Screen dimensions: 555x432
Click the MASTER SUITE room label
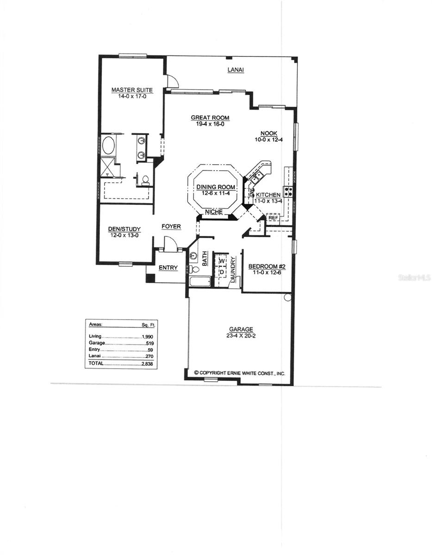click(x=132, y=90)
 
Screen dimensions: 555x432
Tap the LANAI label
click(x=235, y=70)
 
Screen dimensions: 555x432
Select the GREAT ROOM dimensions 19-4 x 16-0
click(x=210, y=124)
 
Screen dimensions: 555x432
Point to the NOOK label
click(x=265, y=133)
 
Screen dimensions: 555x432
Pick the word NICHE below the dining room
click(x=214, y=212)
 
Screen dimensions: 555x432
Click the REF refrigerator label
click(x=273, y=217)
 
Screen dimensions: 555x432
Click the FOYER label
click(x=171, y=227)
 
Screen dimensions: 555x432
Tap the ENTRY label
click(x=168, y=268)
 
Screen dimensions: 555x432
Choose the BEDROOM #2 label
click(x=266, y=266)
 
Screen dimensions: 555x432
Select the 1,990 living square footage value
click(x=147, y=336)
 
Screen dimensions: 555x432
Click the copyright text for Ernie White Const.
click(x=239, y=372)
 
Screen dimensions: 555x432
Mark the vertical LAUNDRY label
click(x=233, y=269)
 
